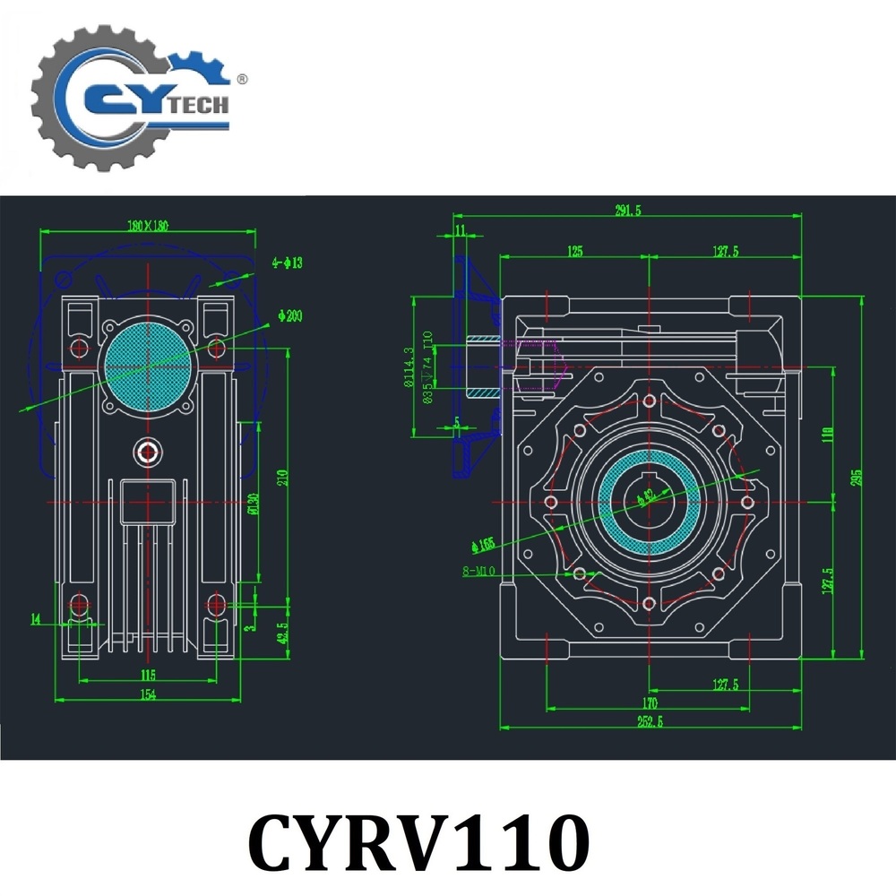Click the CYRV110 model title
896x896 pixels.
point(418,840)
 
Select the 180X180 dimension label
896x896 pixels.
point(148,226)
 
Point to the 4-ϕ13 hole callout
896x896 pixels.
point(289,263)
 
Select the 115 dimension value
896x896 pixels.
point(147,674)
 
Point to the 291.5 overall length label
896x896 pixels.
point(626,211)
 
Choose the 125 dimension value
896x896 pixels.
point(575,252)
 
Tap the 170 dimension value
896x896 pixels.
point(650,702)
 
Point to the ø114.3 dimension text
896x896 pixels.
point(409,367)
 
